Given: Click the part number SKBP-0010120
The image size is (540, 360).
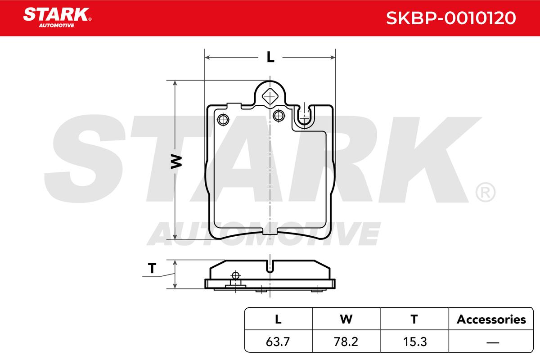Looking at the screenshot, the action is [451, 18].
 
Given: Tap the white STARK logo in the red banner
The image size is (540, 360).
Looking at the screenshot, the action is [57, 18].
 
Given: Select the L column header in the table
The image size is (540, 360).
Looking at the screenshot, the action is [278, 319].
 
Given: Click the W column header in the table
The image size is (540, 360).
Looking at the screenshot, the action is [346, 319].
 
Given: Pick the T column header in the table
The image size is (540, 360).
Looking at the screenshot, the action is [414, 319].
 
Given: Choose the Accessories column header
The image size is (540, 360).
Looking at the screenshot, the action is [491, 319].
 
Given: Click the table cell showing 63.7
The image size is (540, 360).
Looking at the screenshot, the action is [278, 342].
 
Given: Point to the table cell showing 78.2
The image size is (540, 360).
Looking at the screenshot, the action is [346, 342].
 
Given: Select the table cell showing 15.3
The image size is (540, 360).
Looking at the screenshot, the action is [415, 342].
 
